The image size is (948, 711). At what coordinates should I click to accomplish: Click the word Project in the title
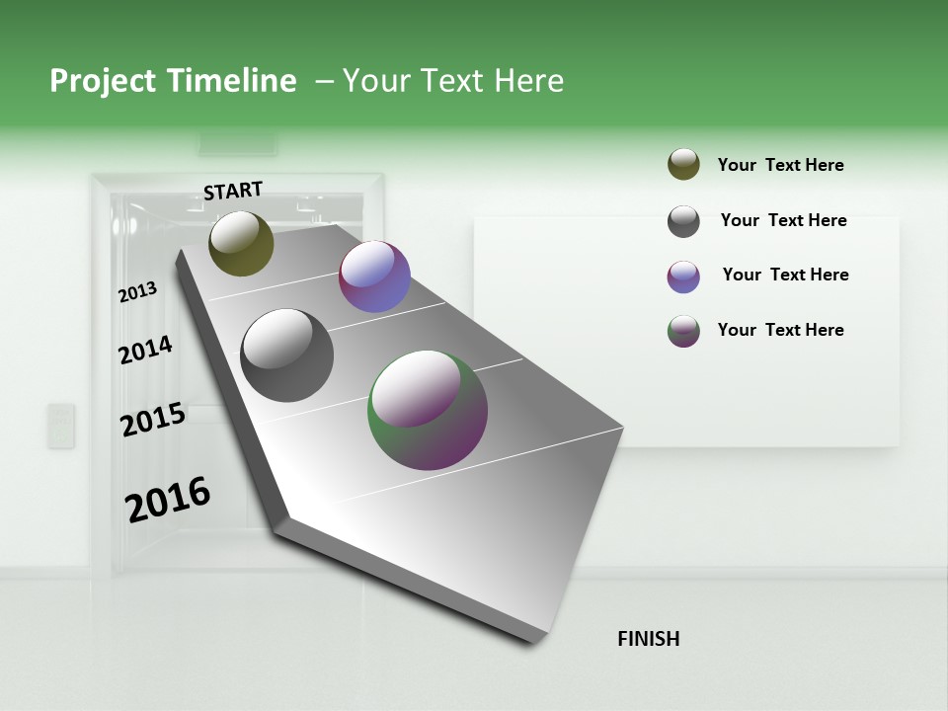coord(104,81)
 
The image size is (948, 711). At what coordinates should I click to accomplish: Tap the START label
coord(233,191)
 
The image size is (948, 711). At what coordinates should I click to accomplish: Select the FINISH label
coord(648,639)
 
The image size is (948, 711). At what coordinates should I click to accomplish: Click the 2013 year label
coord(137,292)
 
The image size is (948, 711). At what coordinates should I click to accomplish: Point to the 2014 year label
coord(145,350)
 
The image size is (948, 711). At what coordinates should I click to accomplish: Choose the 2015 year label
coord(153,420)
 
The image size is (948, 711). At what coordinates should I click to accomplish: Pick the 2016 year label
coord(168,499)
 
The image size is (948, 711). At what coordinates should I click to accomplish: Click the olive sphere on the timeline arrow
coord(241,243)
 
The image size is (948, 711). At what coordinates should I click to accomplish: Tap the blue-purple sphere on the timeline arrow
coord(374,276)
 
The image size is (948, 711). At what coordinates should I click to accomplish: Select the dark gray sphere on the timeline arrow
coord(287,355)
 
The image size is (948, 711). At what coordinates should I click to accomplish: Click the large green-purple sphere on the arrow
coord(428,410)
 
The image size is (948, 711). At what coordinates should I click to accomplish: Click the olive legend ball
coord(683,164)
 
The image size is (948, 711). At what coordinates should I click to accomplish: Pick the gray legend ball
coord(683,221)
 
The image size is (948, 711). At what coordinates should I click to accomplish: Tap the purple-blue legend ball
coord(683,276)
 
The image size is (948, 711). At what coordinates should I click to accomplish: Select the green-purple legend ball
coord(683,331)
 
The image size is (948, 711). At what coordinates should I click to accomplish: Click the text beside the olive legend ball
coord(780,165)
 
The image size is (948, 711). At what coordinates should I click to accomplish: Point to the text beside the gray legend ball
coord(783,220)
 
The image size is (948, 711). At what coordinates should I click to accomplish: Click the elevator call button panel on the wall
coord(61,426)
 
